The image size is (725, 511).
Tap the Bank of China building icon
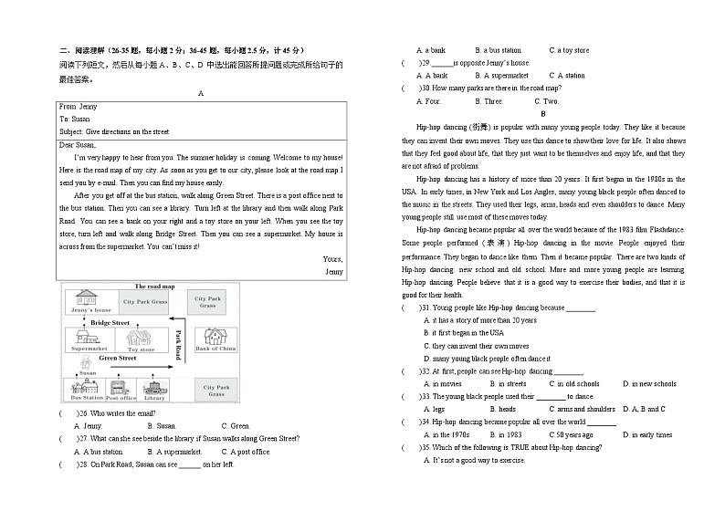215,336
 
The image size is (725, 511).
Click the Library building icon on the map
154,388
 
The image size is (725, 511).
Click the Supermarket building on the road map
89,338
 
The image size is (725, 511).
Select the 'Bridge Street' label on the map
110,323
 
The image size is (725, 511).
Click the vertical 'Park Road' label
179,342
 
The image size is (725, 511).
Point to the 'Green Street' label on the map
117,359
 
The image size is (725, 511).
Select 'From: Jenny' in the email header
79,107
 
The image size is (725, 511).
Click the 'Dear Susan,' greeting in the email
78,144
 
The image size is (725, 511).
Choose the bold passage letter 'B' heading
542,114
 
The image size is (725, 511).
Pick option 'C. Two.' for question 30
546,101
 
